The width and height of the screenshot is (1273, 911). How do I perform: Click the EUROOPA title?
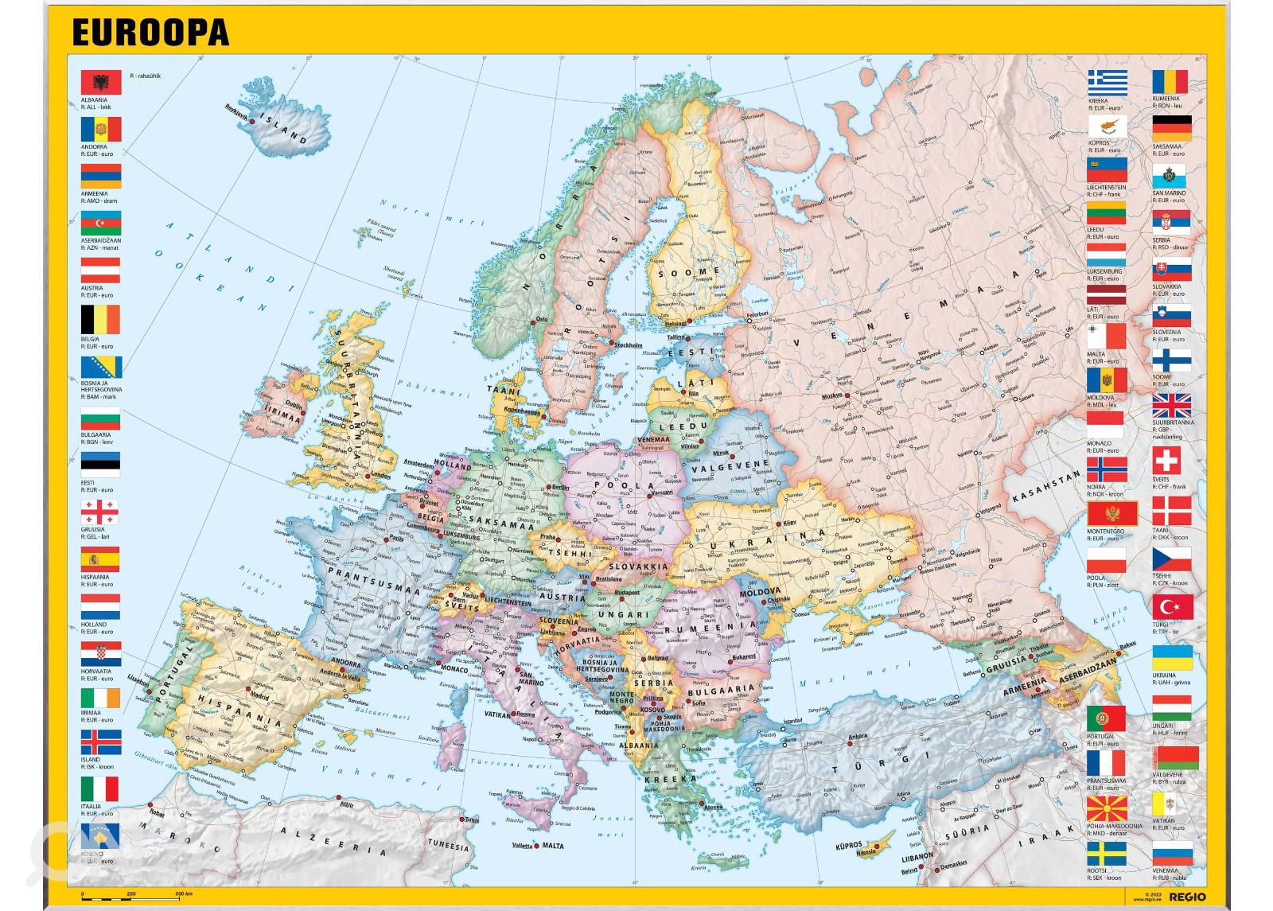[x=150, y=33]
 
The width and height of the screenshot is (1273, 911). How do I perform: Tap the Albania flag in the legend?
[x=101, y=83]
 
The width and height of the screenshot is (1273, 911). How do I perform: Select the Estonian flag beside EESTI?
[x=100, y=465]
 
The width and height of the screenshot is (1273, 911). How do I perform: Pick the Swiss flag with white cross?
[x=1172, y=461]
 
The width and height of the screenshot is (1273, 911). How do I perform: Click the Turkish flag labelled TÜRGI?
[x=1172, y=606]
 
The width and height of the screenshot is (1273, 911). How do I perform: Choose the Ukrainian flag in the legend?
[x=1172, y=657]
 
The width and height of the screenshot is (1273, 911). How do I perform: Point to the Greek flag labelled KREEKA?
[x=1108, y=82]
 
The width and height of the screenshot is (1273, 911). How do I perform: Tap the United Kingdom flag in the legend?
[x=1172, y=406]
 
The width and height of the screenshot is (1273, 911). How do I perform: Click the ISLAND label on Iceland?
[x=286, y=130]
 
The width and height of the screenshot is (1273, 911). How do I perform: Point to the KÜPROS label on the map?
[x=848, y=844]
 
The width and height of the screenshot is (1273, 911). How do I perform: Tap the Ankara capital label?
[x=857, y=737]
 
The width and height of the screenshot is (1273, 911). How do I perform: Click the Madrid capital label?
[x=259, y=695]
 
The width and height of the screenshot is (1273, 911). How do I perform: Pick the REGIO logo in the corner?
[x=1188, y=897]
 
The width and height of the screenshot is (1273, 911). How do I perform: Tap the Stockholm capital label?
[x=628, y=345]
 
